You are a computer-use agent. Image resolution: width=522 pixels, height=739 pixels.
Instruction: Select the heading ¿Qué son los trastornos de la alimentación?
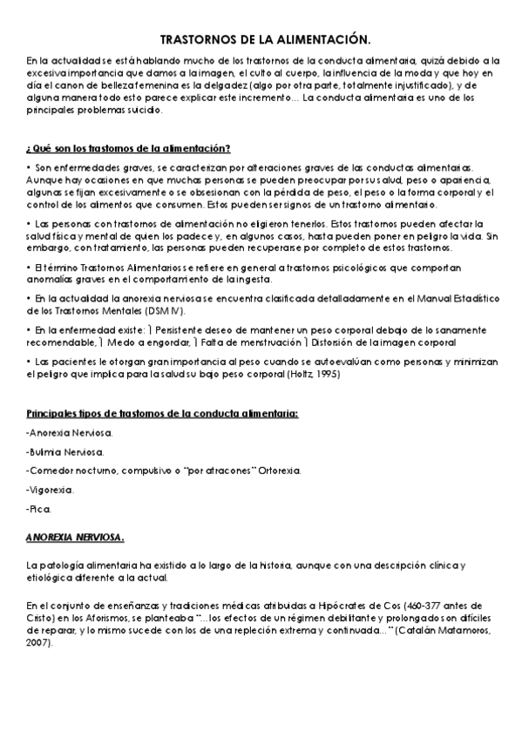(128, 147)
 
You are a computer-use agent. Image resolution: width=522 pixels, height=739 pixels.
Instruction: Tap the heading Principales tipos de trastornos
(162, 413)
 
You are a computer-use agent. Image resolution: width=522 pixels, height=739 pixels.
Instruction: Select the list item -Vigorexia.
(51, 489)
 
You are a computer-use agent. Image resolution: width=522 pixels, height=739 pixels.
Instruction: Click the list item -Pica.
(39, 508)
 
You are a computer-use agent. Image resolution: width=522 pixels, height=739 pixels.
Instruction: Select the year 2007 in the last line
(37, 644)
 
